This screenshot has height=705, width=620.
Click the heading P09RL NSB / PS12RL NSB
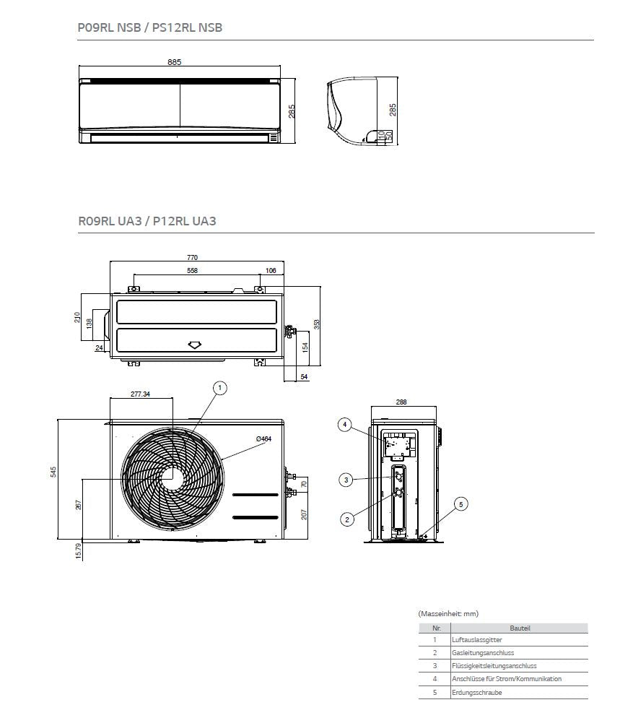tap(149, 28)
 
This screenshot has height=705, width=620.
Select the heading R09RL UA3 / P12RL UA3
tap(147, 221)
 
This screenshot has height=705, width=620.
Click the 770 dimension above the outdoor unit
tap(192, 257)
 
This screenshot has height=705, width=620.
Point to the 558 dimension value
tap(192, 271)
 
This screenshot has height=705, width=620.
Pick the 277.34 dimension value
tap(141, 394)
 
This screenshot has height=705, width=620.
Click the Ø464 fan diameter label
tap(263, 439)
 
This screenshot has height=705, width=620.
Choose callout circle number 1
tap(220, 388)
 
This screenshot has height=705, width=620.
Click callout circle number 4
tap(345, 425)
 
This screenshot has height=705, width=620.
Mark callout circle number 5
tap(462, 503)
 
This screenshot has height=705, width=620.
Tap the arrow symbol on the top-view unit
tap(195, 345)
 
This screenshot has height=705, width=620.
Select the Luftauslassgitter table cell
tap(476, 640)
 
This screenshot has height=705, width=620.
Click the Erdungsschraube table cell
tap(476, 692)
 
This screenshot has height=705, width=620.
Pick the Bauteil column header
tap(519, 628)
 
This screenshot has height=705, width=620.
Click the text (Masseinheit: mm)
tap(447, 613)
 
